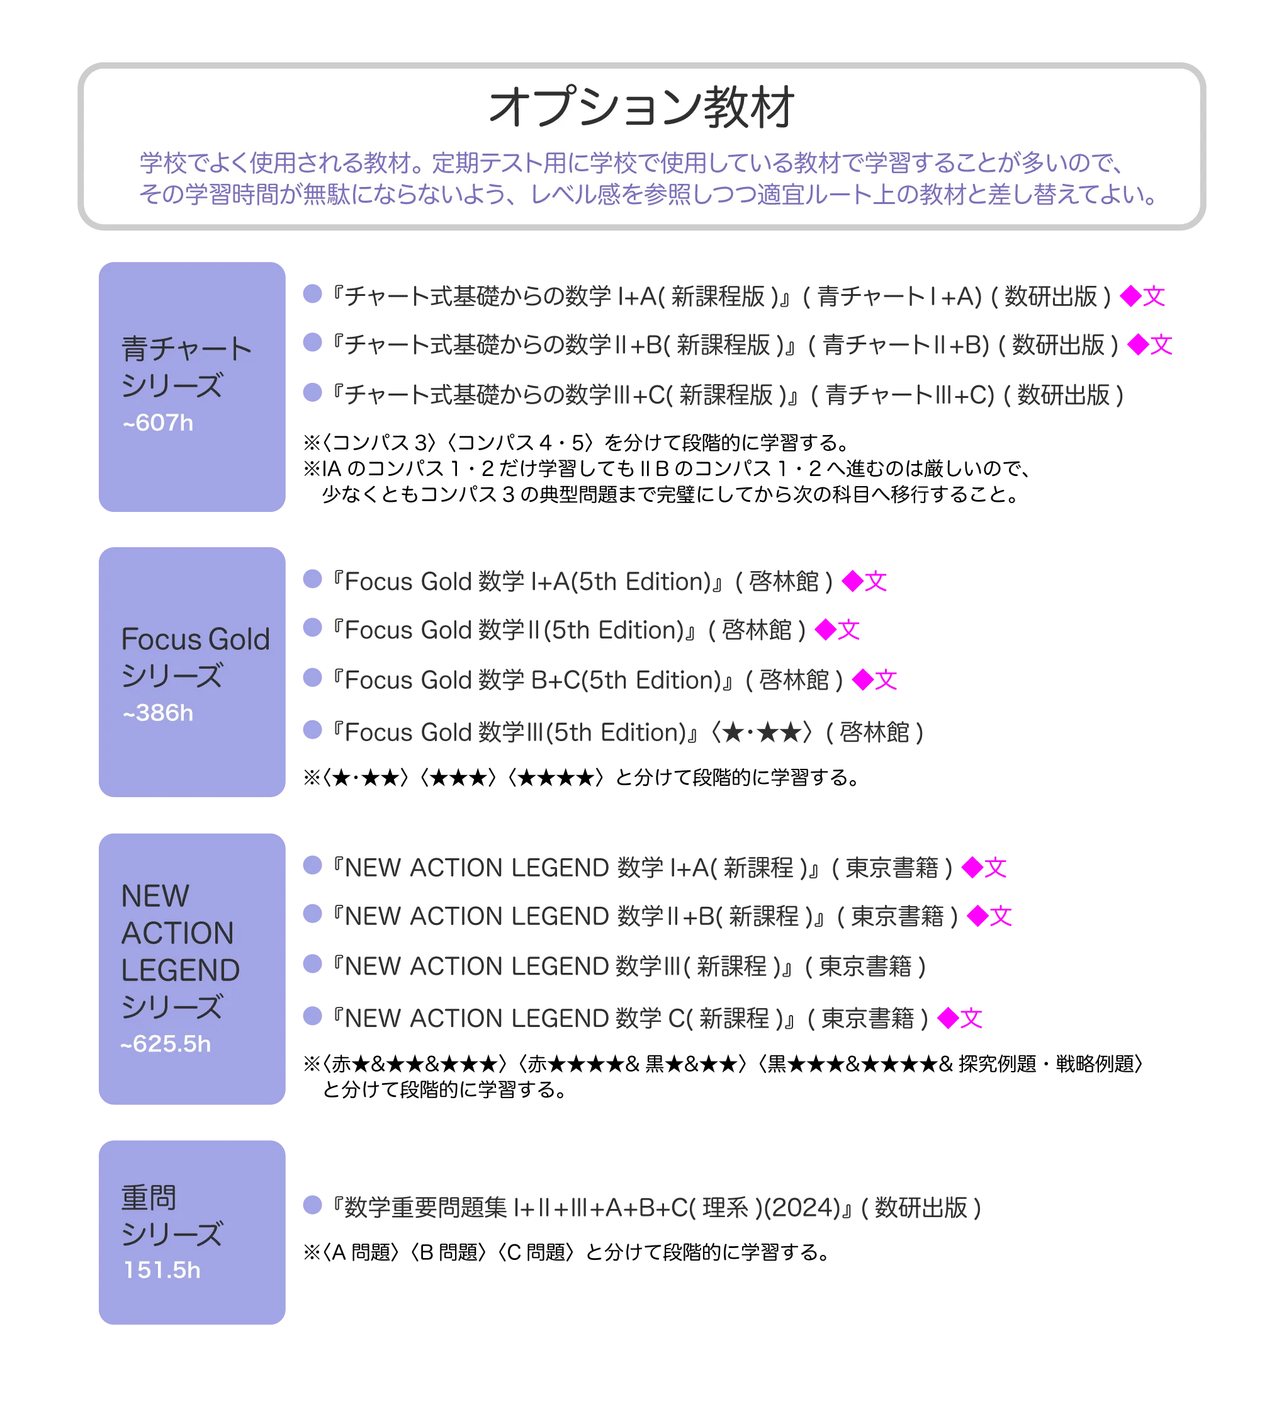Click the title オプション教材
pyautogui.click(x=641, y=108)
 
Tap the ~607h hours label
pyautogui.click(x=158, y=423)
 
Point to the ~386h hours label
pyautogui.click(x=158, y=713)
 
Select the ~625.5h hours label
pyautogui.click(x=166, y=1044)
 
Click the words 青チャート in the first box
pyautogui.click(x=186, y=349)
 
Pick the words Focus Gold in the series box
pyautogui.click(x=195, y=639)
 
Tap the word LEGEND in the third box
pyautogui.click(x=181, y=970)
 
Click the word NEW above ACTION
pyautogui.click(x=155, y=897)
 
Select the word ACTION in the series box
pyautogui.click(x=178, y=933)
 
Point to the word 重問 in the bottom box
pyautogui.click(x=149, y=1198)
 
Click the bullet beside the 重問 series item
pyautogui.click(x=313, y=1206)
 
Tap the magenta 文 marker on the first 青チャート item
pyautogui.click(x=1154, y=296)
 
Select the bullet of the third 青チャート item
pyautogui.click(x=313, y=394)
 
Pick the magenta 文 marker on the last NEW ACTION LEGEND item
pyautogui.click(x=970, y=1018)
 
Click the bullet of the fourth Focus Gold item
pyautogui.click(x=313, y=730)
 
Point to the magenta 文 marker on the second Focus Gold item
pyautogui.click(x=848, y=630)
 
